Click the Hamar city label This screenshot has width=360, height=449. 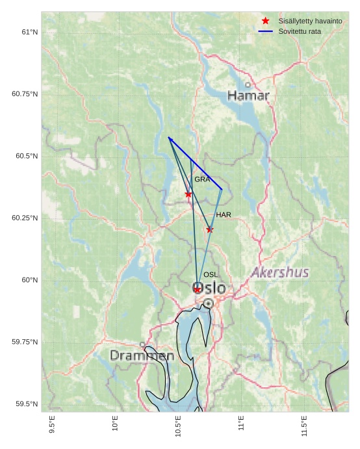click(248, 96)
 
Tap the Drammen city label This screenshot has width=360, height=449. click(142, 356)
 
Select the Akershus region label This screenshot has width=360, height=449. click(280, 272)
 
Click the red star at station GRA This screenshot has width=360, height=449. click(188, 194)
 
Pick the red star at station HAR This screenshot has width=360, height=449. click(210, 229)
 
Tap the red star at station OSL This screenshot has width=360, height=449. click(198, 289)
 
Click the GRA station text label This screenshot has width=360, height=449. click(202, 179)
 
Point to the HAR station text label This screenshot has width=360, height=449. click(224, 215)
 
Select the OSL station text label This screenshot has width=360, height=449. click(211, 275)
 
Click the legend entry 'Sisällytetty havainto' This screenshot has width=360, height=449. click(310, 21)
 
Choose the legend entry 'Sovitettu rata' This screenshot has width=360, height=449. click(300, 31)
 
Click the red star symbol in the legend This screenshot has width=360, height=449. click(265, 21)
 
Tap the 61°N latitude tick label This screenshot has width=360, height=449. click(29, 32)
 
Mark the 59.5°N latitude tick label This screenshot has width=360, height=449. click(27, 404)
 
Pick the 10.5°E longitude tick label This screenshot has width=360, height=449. click(178, 426)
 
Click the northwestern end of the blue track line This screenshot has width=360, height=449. click(168, 138)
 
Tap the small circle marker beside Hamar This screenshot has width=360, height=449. click(248, 84)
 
